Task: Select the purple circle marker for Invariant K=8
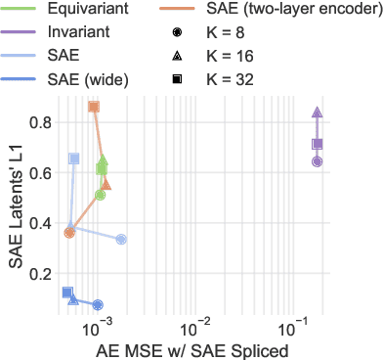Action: coord(317,161)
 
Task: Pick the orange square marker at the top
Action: coord(94,107)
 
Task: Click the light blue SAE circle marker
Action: coord(121,239)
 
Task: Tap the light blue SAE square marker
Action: coord(74,157)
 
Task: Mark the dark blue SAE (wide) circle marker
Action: coord(97,305)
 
